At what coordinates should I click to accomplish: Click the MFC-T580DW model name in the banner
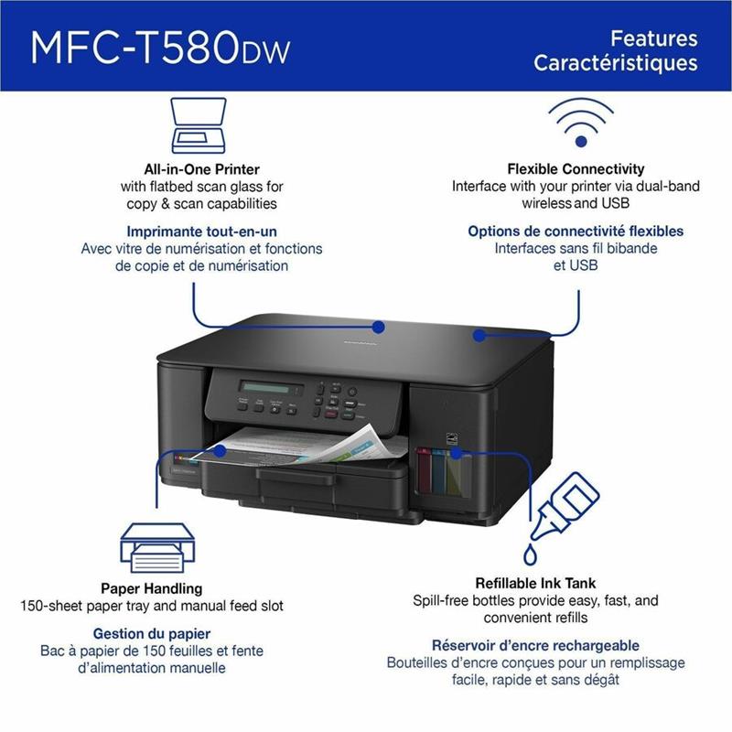(x=160, y=48)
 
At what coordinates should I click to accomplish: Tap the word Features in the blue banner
(x=653, y=38)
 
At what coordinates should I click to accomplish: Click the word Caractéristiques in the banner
(x=615, y=63)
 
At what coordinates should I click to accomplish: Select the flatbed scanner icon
(x=199, y=125)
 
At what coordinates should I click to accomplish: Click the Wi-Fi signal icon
(x=581, y=123)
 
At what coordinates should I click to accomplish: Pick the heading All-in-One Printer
(x=201, y=169)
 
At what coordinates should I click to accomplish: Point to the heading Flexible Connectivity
(x=576, y=168)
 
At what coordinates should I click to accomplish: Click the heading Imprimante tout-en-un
(x=201, y=231)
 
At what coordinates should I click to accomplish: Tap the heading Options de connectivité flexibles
(x=576, y=231)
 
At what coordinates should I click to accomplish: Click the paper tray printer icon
(x=157, y=547)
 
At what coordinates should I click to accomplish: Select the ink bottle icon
(x=562, y=517)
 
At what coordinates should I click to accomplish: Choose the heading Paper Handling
(x=152, y=588)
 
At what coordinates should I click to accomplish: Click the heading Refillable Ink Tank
(x=535, y=583)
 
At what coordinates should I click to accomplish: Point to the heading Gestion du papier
(x=152, y=633)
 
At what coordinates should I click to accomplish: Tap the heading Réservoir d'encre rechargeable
(x=535, y=645)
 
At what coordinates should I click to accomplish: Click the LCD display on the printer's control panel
(x=271, y=388)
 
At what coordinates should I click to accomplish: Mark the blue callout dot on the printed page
(x=220, y=451)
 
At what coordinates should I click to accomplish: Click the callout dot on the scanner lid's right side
(x=479, y=335)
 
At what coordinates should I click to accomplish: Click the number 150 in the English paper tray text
(x=34, y=606)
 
